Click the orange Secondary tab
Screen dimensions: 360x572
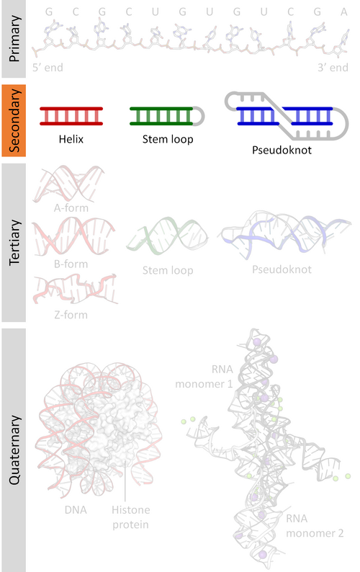coord(14,121)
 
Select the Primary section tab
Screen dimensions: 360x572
coord(14,39)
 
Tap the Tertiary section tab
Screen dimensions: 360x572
coord(14,243)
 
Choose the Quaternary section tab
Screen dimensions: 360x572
coord(14,450)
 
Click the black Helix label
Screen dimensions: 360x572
coord(71,139)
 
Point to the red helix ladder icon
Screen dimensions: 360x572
coord(71,116)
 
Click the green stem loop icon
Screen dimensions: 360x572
coord(167,116)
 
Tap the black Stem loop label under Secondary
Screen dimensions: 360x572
coord(168,139)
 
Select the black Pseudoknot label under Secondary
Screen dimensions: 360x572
coord(282,150)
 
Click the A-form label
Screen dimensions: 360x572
coord(71,208)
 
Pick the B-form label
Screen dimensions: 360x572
coord(71,264)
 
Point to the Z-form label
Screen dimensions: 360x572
coord(71,315)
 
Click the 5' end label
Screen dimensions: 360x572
coord(48,68)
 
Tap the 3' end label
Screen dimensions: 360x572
coord(333,68)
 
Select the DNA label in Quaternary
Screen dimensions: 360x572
coord(76,509)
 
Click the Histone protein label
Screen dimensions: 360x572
coord(130,517)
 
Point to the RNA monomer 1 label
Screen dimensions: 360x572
coord(204,377)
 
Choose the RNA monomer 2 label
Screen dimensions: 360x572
coord(315,526)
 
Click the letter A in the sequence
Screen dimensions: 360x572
coord(344,12)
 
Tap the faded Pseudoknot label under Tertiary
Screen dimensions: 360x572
coord(282,269)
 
